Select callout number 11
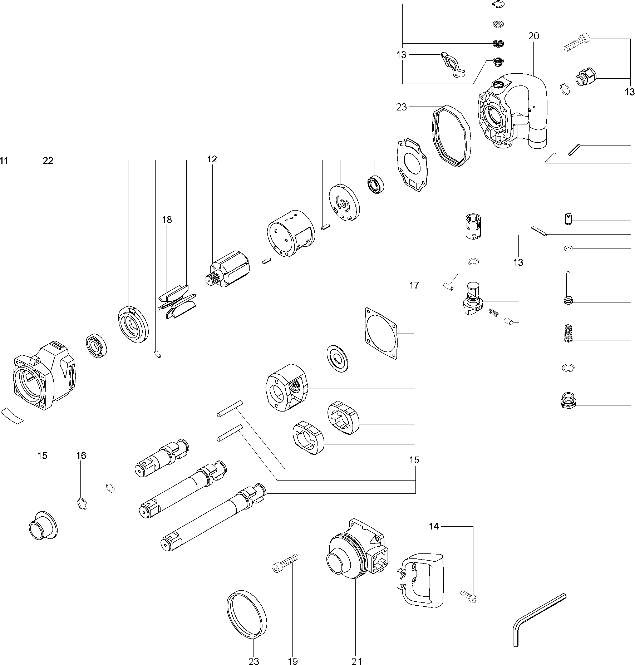[x=4, y=161]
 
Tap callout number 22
[x=48, y=161]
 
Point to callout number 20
[x=533, y=36]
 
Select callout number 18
[x=167, y=220]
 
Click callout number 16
[x=81, y=455]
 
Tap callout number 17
[x=414, y=285]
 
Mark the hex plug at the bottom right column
[x=567, y=400]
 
